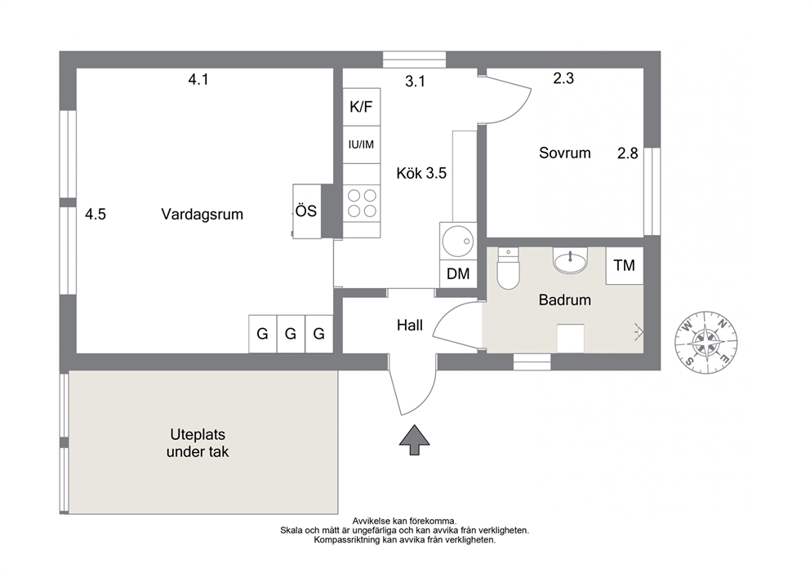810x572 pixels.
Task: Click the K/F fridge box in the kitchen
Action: click(362, 107)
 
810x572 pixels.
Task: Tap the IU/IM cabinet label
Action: click(361, 144)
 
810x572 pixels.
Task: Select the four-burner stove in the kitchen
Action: click(362, 203)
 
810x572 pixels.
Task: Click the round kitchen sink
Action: click(458, 241)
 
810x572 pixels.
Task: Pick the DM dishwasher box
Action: click(458, 273)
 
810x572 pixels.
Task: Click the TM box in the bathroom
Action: click(624, 265)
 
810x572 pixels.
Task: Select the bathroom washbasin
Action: click(570, 260)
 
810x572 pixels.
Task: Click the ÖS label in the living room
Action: click(306, 211)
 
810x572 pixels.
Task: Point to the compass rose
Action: click(705, 342)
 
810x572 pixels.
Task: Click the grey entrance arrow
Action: click(414, 440)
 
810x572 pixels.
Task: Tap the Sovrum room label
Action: click(564, 153)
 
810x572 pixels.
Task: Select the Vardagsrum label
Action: click(202, 215)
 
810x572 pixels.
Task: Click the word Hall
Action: click(410, 326)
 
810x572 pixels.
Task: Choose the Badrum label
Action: click(564, 300)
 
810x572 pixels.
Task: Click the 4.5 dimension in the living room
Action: click(96, 214)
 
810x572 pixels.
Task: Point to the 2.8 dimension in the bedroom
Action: click(628, 153)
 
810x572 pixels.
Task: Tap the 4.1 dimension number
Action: click(198, 79)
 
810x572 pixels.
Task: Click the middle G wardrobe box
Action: click(291, 334)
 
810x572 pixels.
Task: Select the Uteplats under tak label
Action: click(198, 443)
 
